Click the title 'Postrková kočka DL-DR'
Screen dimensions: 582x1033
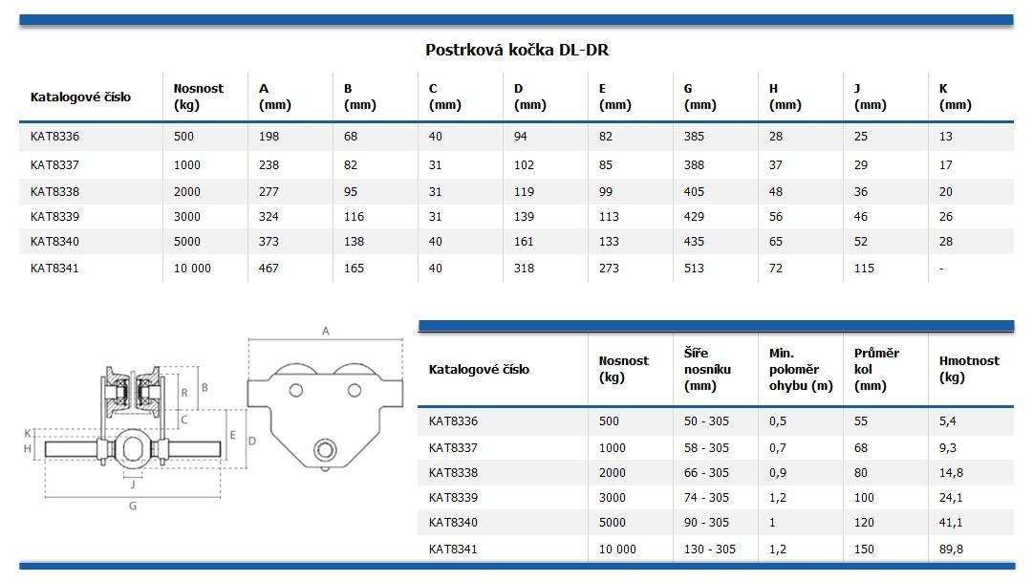(x=516, y=50)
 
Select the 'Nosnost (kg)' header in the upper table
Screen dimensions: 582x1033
(x=198, y=96)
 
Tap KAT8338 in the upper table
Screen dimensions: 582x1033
(x=54, y=191)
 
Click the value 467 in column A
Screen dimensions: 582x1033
(x=269, y=269)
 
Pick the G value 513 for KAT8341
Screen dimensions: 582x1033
(x=694, y=269)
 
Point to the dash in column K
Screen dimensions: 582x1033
(x=941, y=269)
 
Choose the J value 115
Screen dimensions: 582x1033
(x=864, y=269)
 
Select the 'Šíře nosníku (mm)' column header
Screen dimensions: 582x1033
(x=708, y=369)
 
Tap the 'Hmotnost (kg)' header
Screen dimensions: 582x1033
(x=969, y=368)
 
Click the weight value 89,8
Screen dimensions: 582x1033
(x=952, y=549)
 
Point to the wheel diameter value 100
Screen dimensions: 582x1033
(x=864, y=497)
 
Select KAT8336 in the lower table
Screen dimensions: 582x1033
(x=453, y=420)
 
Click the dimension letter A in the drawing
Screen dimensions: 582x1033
(x=325, y=332)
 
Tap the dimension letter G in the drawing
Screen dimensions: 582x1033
(x=133, y=507)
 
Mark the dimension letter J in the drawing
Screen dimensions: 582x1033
(x=133, y=483)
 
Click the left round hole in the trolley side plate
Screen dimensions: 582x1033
(x=296, y=390)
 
